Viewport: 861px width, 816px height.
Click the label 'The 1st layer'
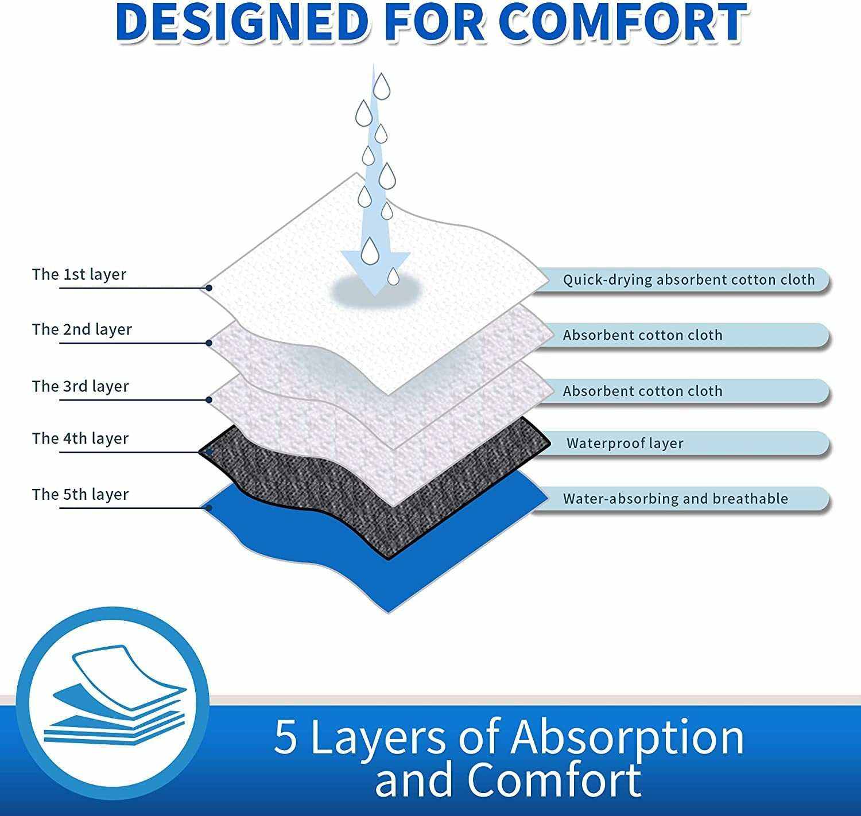tap(79, 274)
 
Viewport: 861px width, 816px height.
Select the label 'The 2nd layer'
tap(82, 329)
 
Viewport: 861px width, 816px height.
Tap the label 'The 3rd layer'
tap(80, 386)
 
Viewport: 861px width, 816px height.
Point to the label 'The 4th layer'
tap(80, 438)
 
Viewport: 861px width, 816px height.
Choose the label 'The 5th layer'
tap(80, 494)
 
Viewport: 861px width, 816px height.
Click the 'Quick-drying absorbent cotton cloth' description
tap(688, 280)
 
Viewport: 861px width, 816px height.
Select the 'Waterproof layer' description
tap(625, 444)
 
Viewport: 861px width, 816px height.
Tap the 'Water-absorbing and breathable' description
tap(675, 499)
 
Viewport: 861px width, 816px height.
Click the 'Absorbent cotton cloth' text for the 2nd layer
tap(642, 335)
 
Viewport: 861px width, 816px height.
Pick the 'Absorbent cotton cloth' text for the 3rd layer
tap(642, 391)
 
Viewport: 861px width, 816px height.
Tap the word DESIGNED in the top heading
tap(241, 23)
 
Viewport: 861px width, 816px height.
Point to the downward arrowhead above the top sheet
tap(375, 270)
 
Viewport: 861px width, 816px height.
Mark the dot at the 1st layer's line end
tap(210, 287)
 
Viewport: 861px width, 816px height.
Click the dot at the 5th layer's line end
tap(210, 508)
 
